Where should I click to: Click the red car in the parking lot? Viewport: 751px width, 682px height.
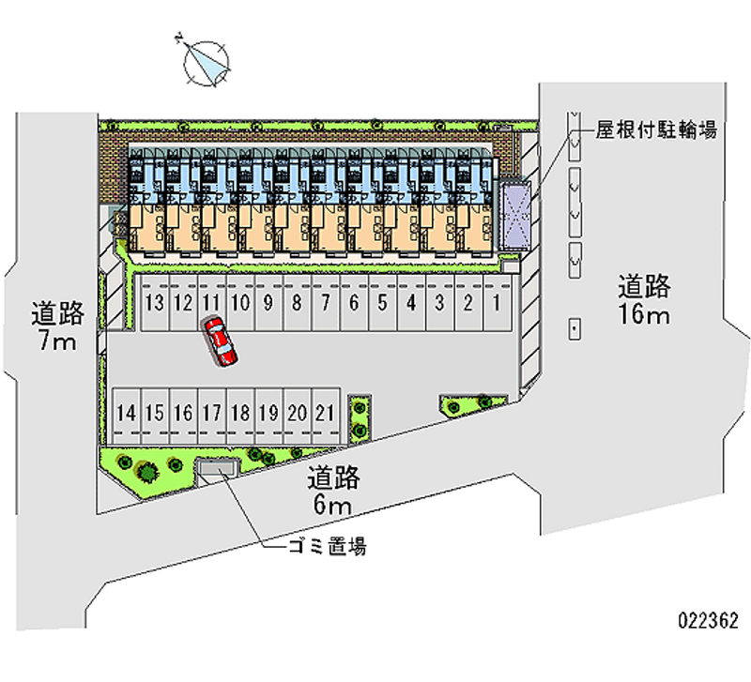pyautogui.click(x=221, y=341)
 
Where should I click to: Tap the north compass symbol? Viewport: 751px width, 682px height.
pyautogui.click(x=207, y=63)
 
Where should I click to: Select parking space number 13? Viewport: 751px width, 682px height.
pyautogui.click(x=155, y=302)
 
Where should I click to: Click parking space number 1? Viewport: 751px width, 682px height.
pyautogui.click(x=498, y=302)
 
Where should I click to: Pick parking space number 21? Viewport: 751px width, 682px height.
pyautogui.click(x=326, y=416)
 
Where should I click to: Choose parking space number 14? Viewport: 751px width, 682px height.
pyautogui.click(x=127, y=416)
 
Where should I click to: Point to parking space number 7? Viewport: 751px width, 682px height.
pyautogui.click(x=326, y=302)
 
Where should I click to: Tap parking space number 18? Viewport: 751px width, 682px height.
pyautogui.click(x=241, y=416)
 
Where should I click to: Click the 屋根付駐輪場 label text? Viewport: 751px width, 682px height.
pyautogui.click(x=656, y=129)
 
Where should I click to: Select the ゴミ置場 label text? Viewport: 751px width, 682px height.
pyautogui.click(x=327, y=547)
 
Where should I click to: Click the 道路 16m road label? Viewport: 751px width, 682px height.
pyautogui.click(x=644, y=299)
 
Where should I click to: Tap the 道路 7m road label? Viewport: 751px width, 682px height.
pyautogui.click(x=58, y=326)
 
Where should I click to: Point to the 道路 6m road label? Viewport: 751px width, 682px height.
pyautogui.click(x=333, y=491)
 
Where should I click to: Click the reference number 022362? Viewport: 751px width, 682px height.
pyautogui.click(x=709, y=621)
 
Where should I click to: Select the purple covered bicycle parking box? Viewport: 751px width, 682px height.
pyautogui.click(x=514, y=216)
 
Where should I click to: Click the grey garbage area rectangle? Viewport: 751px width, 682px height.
pyautogui.click(x=218, y=467)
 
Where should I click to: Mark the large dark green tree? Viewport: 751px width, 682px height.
pyautogui.click(x=147, y=472)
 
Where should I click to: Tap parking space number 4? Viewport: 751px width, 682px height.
pyautogui.click(x=411, y=302)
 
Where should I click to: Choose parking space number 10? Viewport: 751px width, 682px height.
pyautogui.click(x=241, y=302)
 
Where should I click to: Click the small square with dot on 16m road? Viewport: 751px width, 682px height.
pyautogui.click(x=575, y=328)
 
